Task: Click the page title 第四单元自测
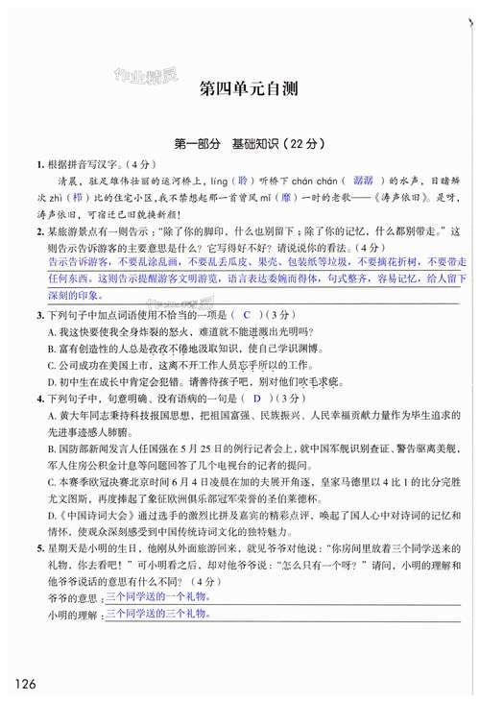[249, 92]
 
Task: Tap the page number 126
[26, 683]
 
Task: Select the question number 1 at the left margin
[39, 162]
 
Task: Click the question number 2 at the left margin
[39, 231]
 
